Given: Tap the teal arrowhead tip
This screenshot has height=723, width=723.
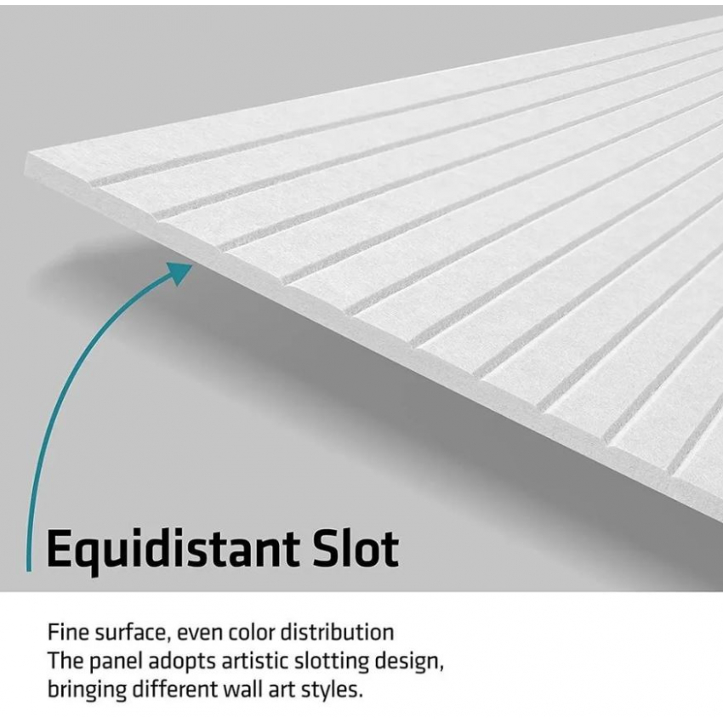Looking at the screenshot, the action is pos(192,265).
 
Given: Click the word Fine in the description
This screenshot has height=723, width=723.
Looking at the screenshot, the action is pos(68,632).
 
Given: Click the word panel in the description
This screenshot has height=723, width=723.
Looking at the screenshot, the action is pos(116,661).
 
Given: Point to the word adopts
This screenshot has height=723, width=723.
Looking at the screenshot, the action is pos(182,661).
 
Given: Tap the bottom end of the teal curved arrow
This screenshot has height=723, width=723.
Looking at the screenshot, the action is pos(29,571).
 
